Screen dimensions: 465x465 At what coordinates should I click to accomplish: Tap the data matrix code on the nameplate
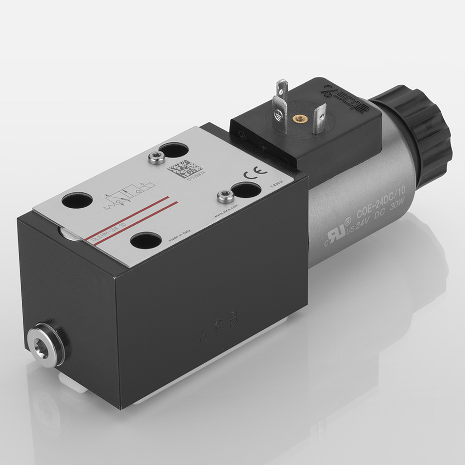179,169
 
